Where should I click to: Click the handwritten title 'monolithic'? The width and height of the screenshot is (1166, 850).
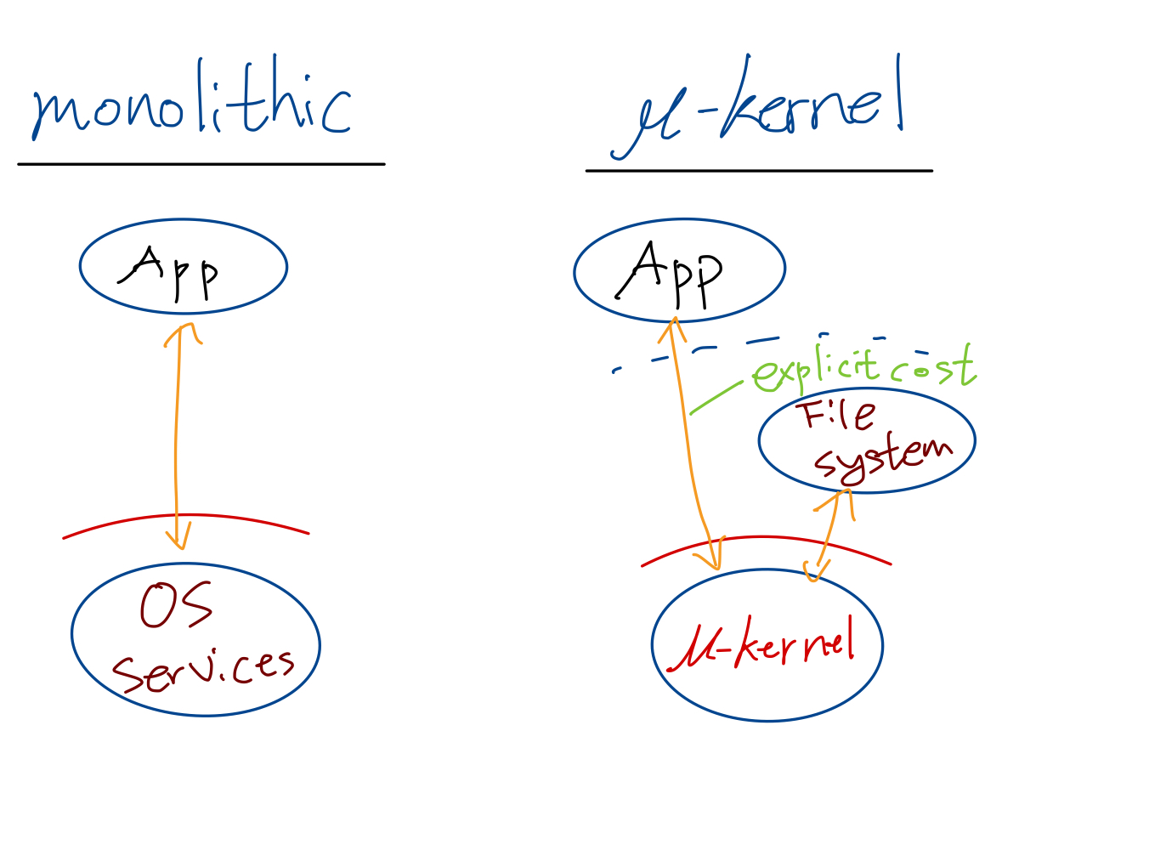tap(191, 106)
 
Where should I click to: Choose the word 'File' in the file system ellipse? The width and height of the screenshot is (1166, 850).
tap(837, 416)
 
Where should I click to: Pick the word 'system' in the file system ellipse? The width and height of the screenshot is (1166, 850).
tap(884, 458)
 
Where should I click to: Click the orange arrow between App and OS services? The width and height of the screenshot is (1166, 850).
tap(176, 433)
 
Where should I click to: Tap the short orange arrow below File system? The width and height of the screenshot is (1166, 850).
tap(831, 531)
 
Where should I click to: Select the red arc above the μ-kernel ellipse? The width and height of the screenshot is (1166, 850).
tap(765, 538)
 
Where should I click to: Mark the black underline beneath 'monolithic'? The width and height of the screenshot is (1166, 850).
tap(201, 164)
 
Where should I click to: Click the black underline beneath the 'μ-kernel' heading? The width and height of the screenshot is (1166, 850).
tap(759, 171)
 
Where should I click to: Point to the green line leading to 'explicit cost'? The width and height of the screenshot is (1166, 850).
tap(716, 398)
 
